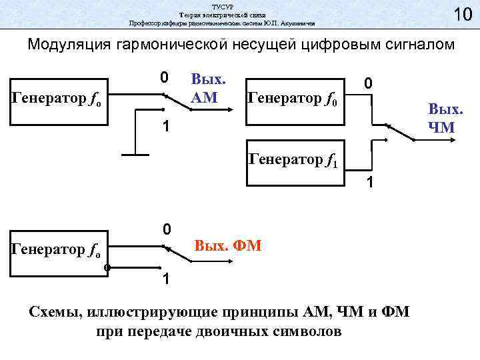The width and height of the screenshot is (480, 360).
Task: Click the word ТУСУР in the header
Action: tap(222, 6)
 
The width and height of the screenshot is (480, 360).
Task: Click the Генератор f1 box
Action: tap(297, 158)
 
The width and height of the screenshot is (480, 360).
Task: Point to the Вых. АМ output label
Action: tap(209, 89)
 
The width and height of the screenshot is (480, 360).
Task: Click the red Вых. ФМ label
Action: tap(228, 247)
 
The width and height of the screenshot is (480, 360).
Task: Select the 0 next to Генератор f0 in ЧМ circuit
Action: tap(367, 83)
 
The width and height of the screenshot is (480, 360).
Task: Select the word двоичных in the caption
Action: tap(231, 331)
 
